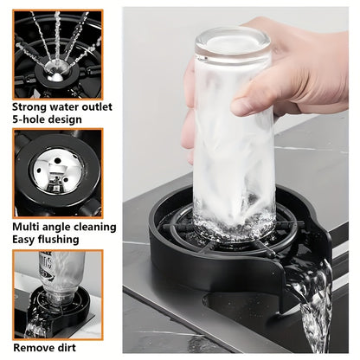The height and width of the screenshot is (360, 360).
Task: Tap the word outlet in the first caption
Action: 97,106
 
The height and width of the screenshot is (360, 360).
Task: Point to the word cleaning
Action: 95,228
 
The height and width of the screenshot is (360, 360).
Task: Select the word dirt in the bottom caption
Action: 66,348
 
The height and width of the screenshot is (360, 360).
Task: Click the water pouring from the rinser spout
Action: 313,305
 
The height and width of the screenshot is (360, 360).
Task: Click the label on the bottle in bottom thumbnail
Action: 46,266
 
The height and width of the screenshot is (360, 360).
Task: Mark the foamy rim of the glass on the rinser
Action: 235,225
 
